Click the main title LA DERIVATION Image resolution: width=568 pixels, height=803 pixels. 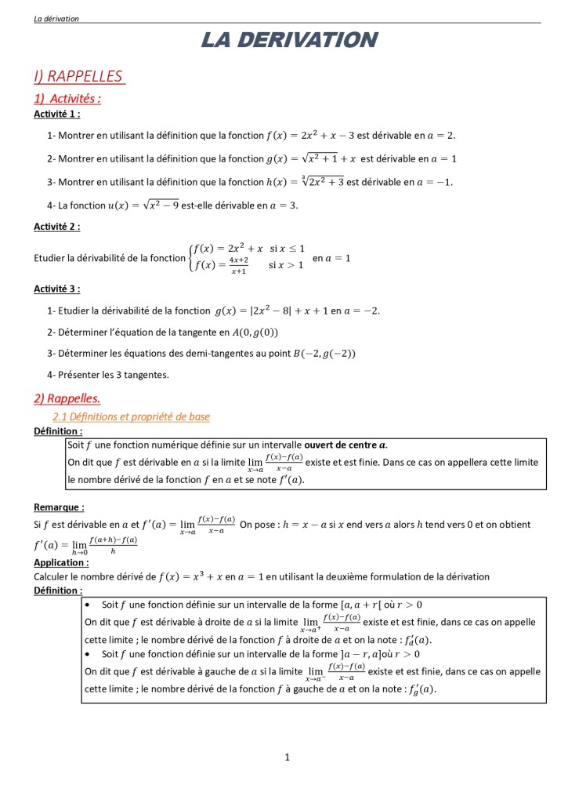tap(289, 40)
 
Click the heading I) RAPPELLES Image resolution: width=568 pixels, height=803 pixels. tap(78, 76)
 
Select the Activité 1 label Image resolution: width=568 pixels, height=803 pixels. tap(56, 114)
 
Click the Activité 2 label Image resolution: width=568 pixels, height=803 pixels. tap(56, 227)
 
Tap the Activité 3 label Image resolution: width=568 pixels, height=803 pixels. tap(56, 289)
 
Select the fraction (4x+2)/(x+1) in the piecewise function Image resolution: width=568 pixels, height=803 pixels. tap(239, 265)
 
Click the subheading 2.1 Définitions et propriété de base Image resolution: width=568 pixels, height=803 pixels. tap(131, 416)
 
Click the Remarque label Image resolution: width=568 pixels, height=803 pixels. tap(59, 507)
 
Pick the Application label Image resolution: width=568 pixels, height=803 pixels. tap(61, 562)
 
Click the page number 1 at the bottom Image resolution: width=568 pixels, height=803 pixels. tap(288, 757)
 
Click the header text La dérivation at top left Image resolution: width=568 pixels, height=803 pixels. tap(56, 19)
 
